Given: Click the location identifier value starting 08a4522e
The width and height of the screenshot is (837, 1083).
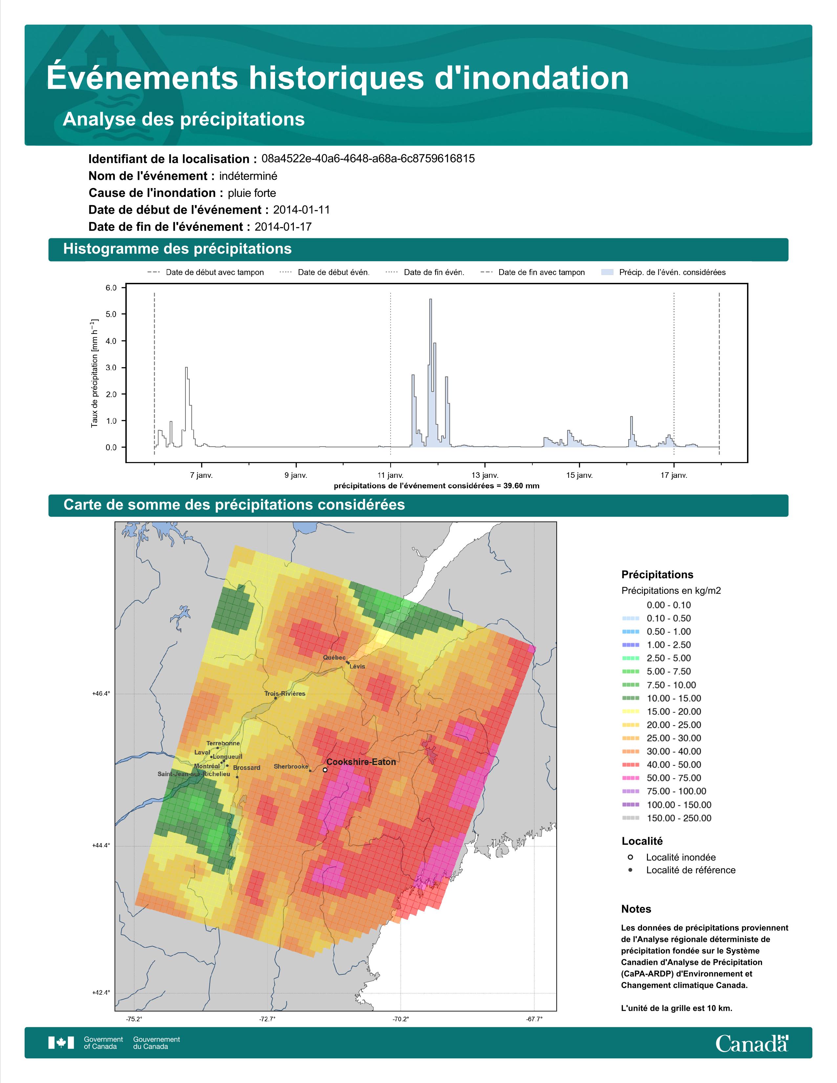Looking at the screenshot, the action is click(368, 159).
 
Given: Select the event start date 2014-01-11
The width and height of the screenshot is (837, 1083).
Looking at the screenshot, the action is click(301, 210).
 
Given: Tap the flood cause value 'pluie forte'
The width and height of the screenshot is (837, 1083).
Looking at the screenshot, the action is click(252, 193).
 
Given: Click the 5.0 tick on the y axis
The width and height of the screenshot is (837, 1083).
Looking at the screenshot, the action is click(111, 314).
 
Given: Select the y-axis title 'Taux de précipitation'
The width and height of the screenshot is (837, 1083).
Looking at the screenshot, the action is click(94, 373).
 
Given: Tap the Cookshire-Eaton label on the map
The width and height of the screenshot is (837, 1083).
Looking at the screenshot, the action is click(361, 762).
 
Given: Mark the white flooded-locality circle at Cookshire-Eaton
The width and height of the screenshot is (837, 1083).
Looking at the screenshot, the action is click(325, 770).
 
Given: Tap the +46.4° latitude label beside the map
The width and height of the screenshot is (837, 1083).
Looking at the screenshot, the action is click(101, 694).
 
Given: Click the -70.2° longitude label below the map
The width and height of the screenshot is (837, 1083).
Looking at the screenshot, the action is click(401, 1019).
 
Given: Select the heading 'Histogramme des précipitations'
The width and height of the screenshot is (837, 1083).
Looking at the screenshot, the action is click(178, 249).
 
